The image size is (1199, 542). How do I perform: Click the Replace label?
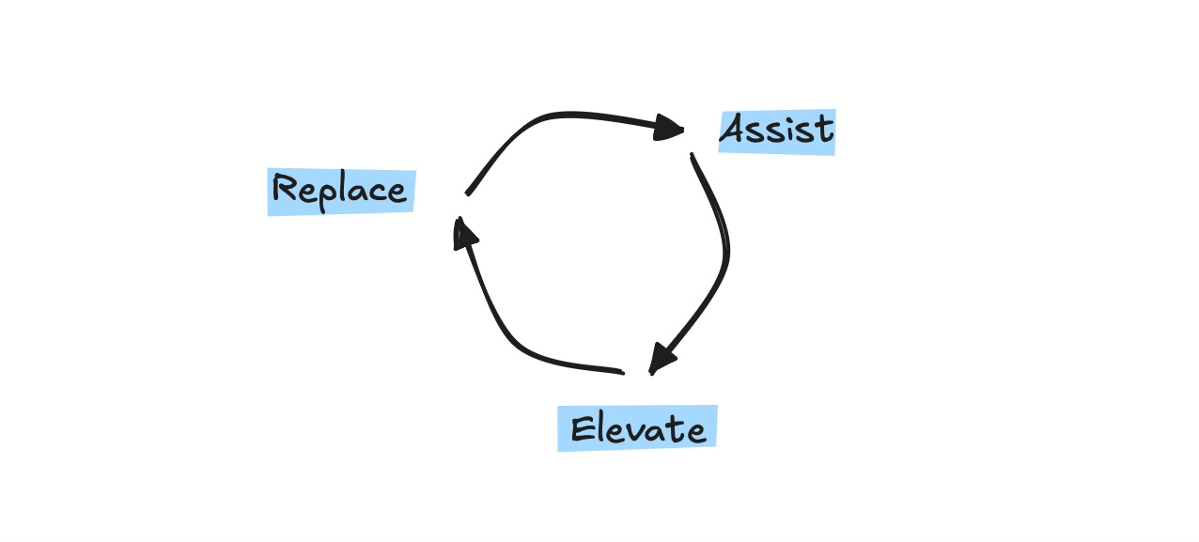(340, 192)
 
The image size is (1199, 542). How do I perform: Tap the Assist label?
(776, 132)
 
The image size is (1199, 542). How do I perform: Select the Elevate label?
(637, 429)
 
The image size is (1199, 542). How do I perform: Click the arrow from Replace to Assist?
(554, 117)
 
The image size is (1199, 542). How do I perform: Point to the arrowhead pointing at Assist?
(670, 127)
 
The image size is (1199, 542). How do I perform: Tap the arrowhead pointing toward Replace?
(462, 232)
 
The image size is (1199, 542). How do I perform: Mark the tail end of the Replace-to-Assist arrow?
(469, 194)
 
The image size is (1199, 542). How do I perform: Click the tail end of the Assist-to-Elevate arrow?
(693, 156)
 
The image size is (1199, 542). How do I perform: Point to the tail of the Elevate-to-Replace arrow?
(621, 372)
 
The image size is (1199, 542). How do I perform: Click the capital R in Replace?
(283, 189)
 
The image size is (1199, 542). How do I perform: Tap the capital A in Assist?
(736, 130)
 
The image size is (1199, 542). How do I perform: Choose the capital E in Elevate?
(582, 429)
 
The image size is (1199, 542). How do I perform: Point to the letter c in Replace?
(377, 192)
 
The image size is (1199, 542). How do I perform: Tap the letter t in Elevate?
(677, 428)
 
